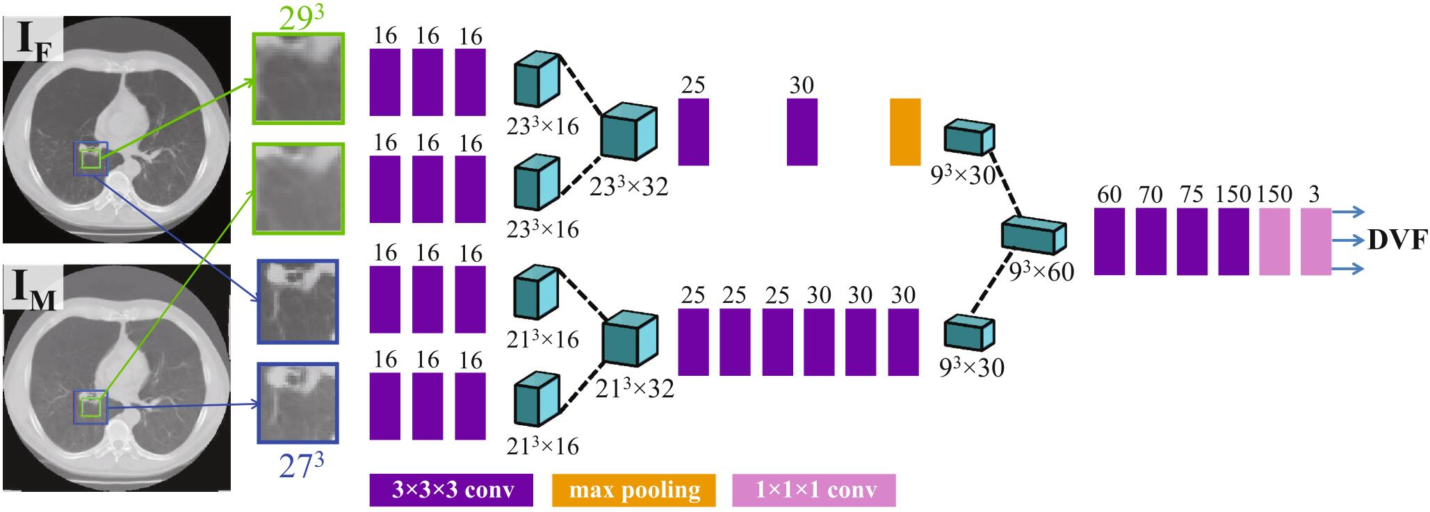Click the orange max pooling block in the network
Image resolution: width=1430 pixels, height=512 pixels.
click(x=905, y=132)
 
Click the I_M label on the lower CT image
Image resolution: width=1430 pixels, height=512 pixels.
click(x=35, y=290)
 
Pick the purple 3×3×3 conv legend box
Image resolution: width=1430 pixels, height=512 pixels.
click(x=451, y=490)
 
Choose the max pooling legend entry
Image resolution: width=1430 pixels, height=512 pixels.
click(x=633, y=490)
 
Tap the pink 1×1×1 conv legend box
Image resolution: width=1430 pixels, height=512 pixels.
click(x=814, y=490)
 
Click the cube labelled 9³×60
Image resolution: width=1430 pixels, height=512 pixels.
click(x=1033, y=234)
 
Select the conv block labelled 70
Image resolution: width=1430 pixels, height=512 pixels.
click(x=1151, y=241)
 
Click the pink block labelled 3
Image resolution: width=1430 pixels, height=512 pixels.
click(x=1315, y=241)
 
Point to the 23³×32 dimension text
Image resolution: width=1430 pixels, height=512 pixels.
click(x=628, y=186)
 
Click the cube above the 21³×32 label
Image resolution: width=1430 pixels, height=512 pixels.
click(x=629, y=339)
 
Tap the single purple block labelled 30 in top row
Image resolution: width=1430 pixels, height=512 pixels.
click(x=802, y=132)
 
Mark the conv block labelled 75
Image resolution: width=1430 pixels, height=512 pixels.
click(x=1192, y=241)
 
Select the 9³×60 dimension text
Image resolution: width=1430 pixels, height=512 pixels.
click(x=1041, y=271)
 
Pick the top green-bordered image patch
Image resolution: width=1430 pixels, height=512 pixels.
click(x=299, y=79)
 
